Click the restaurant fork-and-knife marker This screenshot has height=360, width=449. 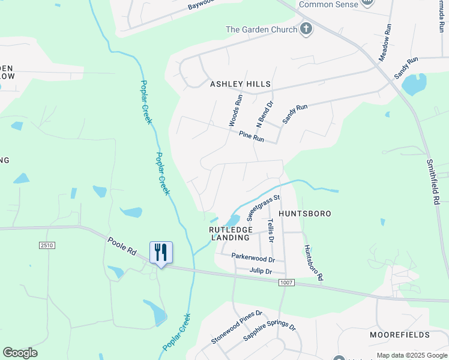coord(160,252)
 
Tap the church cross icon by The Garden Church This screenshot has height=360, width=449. coord(306,29)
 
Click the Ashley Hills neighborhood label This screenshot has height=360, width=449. coord(240,85)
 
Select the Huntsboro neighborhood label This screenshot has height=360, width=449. coord(305,214)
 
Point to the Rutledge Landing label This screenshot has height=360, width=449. coord(229,233)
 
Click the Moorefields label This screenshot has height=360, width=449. coord(400,334)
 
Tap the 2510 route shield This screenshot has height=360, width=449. coord(46,245)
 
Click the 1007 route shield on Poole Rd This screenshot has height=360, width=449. coord(287,282)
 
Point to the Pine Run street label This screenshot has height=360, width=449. coord(252,137)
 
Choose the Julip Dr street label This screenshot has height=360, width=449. coord(261,271)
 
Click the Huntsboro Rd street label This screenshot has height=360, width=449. coord(313,263)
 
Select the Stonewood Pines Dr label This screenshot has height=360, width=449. coord(237,328)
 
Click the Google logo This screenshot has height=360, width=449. coord(20,353)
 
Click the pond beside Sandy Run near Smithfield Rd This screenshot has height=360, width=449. coord(414,85)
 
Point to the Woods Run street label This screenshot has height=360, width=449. coord(235,110)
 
